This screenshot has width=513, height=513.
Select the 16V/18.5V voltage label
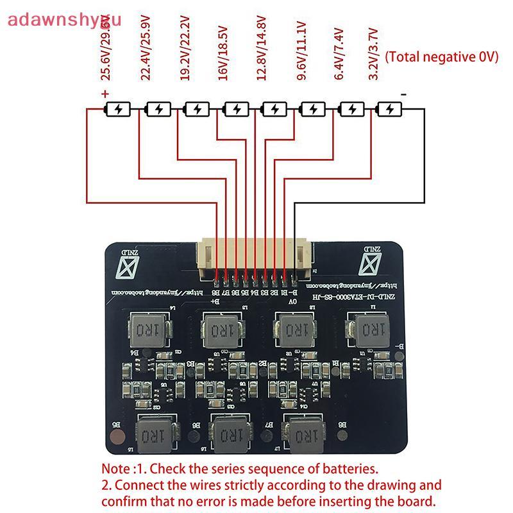(x=223, y=58)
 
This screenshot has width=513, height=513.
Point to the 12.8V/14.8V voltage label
(x=261, y=58)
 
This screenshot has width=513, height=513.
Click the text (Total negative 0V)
(x=441, y=56)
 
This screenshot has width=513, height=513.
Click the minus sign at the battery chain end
(x=403, y=94)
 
